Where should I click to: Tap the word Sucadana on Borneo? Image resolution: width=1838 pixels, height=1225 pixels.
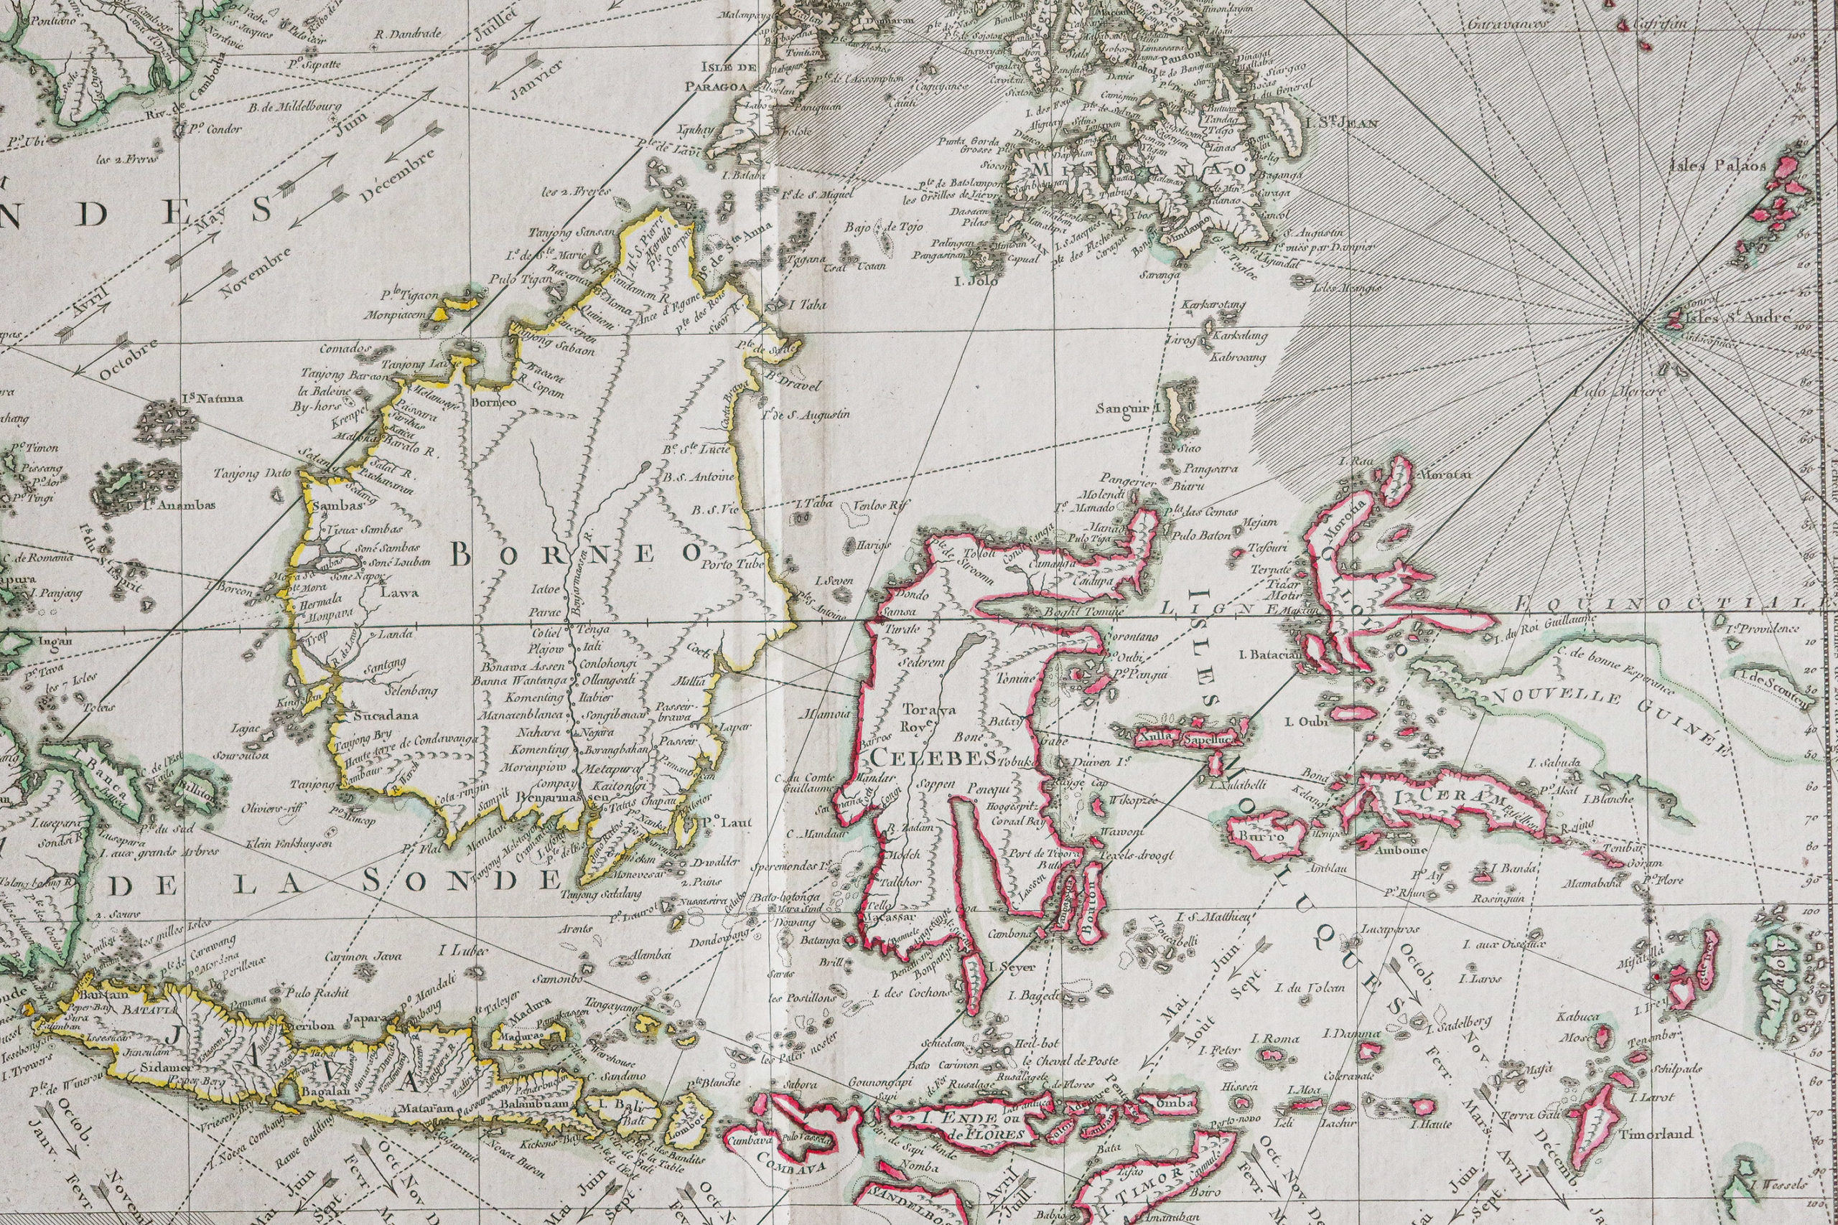tap(386, 715)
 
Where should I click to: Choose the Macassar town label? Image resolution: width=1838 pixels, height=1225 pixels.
tap(891, 916)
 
